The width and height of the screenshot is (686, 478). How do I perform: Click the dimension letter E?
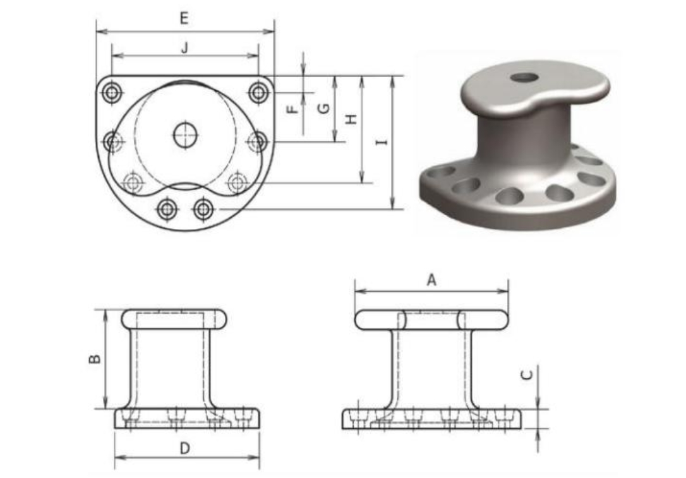tap(184, 18)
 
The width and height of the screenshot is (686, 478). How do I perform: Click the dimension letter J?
tap(184, 47)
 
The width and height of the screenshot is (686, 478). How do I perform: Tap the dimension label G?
tap(323, 108)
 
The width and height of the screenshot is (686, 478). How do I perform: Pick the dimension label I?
tap(381, 142)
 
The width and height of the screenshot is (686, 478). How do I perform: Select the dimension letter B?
tap(94, 359)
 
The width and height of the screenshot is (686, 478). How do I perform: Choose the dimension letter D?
tap(184, 448)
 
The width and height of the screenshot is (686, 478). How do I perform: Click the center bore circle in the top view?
tap(185, 134)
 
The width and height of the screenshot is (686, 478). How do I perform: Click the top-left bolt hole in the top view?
tap(112, 93)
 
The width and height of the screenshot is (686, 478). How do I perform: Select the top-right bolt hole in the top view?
tap(258, 92)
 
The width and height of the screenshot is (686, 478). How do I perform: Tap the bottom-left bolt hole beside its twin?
tap(167, 208)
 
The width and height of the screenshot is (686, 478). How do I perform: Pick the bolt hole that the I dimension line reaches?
tap(203, 208)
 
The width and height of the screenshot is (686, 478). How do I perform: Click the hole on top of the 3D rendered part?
tap(524, 78)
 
